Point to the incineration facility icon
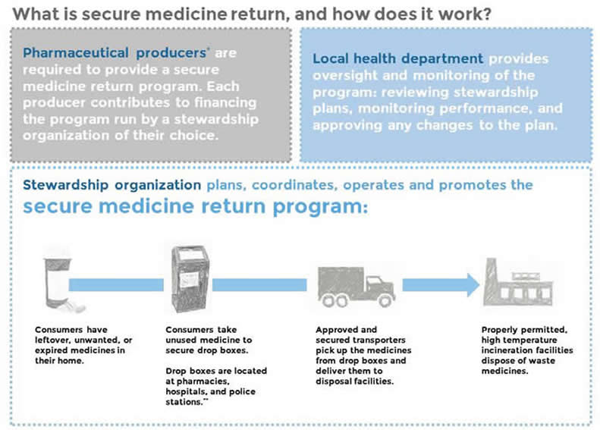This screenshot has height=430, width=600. [x=520, y=284]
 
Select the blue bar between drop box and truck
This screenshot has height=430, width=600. [x=258, y=284]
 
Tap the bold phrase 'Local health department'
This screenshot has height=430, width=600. [x=397, y=58]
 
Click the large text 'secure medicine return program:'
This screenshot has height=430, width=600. [x=195, y=207]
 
